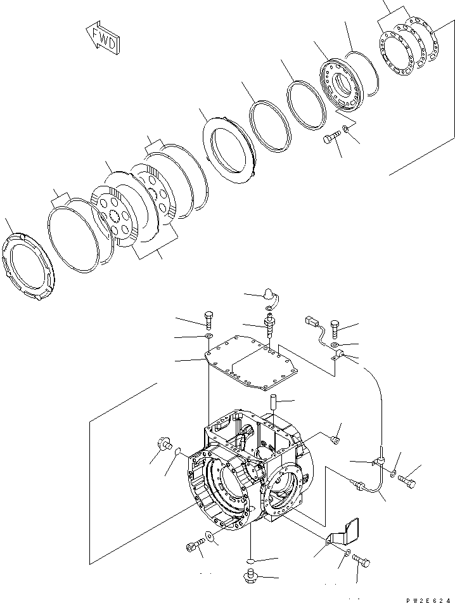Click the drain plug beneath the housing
tap(252, 576)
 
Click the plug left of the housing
tap(163, 444)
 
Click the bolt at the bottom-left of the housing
tap(195, 546)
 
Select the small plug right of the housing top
tap(336, 438)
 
